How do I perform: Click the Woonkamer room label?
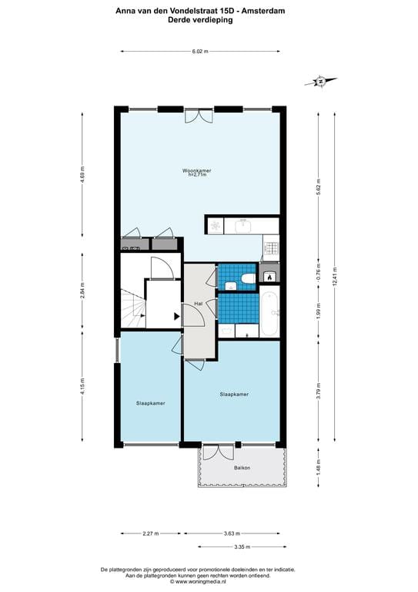[197, 170]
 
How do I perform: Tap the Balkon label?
[242, 468]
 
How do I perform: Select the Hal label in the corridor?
[199, 304]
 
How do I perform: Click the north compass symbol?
[321, 81]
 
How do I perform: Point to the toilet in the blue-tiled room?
[248, 278]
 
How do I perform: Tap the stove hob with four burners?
[272, 248]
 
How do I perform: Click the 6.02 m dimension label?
[200, 52]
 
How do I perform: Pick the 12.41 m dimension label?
[334, 277]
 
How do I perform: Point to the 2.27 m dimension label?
[151, 533]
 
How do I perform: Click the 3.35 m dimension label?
[242, 547]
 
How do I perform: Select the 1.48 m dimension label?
[319, 467]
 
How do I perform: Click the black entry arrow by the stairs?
[177, 316]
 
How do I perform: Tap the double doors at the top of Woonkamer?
[199, 116]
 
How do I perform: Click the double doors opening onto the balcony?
[218, 452]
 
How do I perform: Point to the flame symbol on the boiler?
[269, 277]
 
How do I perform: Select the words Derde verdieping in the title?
[200, 20]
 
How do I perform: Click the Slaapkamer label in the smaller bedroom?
[150, 403]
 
